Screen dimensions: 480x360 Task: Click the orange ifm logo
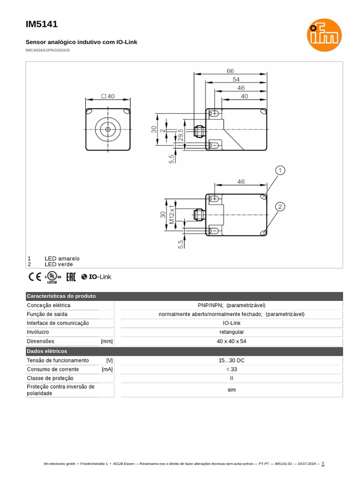(324, 35)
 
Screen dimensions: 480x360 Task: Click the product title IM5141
(42, 24)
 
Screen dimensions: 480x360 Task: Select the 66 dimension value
(230, 71)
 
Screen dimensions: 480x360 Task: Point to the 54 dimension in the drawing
(236, 79)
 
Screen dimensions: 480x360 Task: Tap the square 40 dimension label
(108, 96)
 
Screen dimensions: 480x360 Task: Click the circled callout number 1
(280, 170)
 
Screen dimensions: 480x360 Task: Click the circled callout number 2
(280, 207)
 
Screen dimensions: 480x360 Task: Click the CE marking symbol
(35, 277)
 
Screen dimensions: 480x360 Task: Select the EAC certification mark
(71, 277)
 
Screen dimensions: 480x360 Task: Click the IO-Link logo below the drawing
(97, 277)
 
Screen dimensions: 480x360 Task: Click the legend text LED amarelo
(62, 258)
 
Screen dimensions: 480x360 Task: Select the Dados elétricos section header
(47, 351)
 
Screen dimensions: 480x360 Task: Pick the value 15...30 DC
(232, 360)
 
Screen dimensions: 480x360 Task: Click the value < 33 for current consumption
(232, 369)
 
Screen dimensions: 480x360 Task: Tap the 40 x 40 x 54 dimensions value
(232, 341)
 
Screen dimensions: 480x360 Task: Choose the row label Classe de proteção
(50, 378)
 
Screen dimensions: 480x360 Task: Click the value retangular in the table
(232, 332)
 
